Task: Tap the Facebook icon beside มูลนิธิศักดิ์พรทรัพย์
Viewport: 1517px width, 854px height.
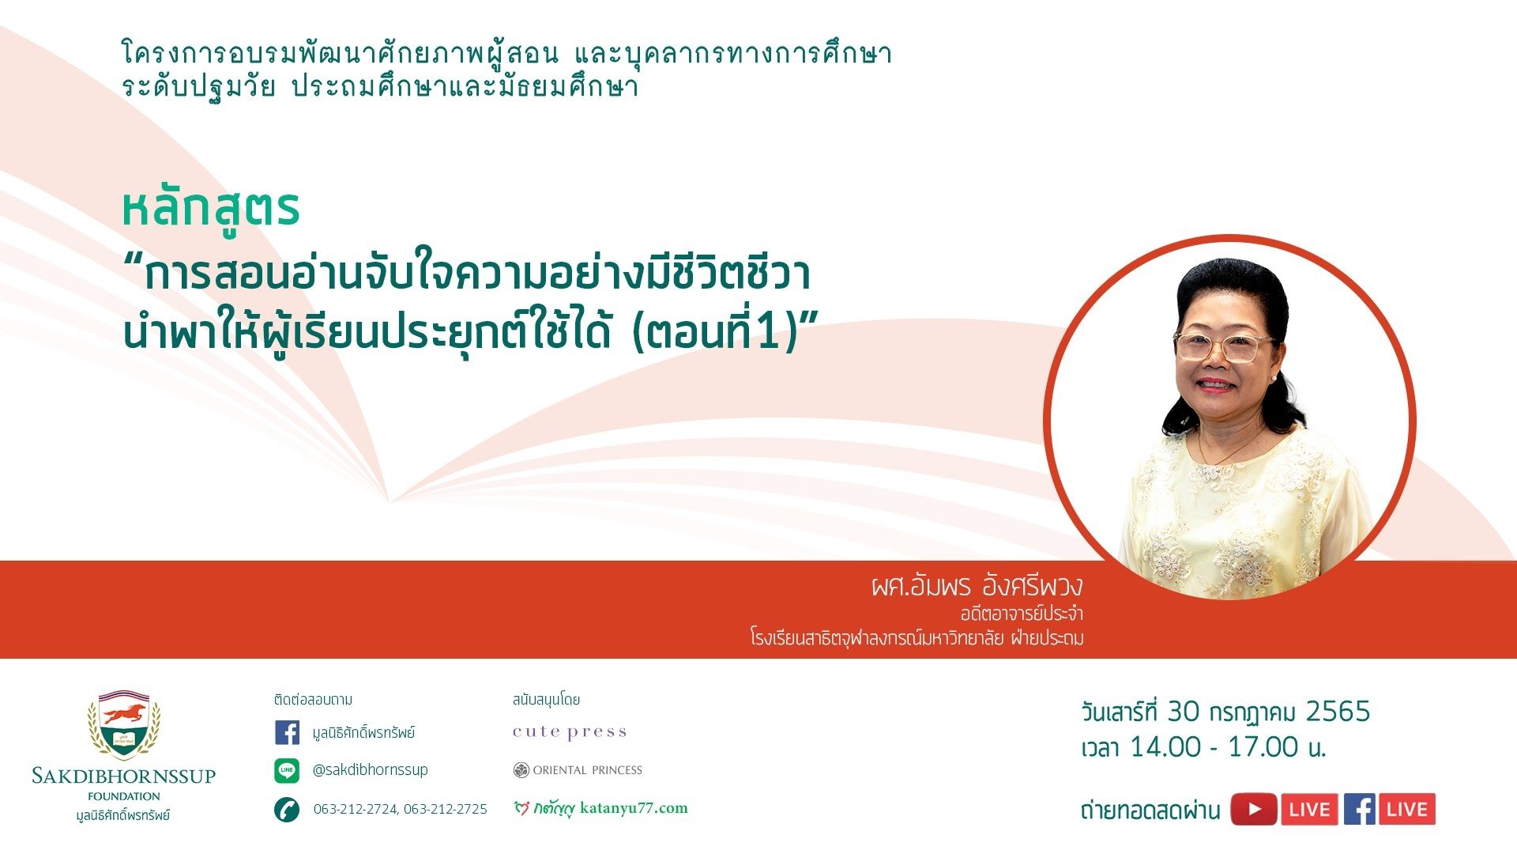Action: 288,732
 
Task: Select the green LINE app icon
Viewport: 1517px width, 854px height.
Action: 287,770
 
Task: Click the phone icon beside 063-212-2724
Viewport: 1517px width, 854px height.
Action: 287,810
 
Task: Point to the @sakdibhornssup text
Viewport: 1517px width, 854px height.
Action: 370,769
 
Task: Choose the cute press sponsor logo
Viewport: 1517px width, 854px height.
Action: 570,732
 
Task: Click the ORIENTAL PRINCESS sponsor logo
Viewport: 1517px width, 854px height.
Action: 578,770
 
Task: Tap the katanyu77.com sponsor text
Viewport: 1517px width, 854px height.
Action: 634,808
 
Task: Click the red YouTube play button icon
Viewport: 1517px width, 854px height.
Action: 1254,809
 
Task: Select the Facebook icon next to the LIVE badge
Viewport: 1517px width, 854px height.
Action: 1359,809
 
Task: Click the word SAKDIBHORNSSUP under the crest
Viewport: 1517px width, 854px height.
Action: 124,776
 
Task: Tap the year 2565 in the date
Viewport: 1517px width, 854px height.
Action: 1338,712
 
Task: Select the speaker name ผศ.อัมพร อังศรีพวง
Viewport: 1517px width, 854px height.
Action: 977,586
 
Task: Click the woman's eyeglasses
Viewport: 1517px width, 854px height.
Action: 1223,346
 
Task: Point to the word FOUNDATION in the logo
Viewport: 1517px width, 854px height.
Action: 124,796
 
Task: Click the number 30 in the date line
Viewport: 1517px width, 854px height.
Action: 1184,712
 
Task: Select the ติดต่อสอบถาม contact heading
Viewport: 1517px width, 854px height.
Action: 314,700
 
